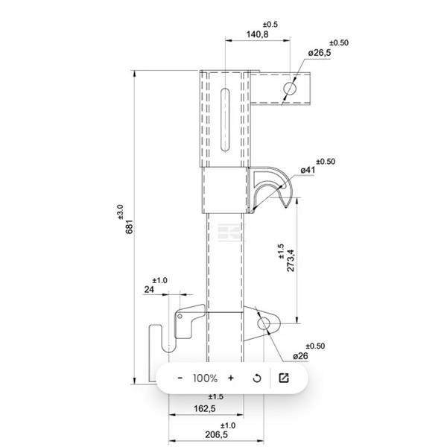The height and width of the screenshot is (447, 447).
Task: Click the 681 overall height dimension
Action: coord(130,226)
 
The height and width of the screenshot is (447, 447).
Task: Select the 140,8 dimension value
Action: coord(257,34)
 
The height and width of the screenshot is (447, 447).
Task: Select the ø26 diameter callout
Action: coord(300,356)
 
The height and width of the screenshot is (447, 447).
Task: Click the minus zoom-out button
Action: coord(180,378)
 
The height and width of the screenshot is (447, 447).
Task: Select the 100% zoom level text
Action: coord(205,378)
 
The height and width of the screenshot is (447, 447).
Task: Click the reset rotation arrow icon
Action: coord(257,378)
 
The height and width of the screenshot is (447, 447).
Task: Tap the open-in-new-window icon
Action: coord(283,378)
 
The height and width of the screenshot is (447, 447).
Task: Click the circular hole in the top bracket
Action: coord(290,88)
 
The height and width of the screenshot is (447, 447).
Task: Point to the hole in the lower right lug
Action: coord(265,323)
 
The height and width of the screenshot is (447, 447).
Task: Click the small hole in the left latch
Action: coord(180,317)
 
